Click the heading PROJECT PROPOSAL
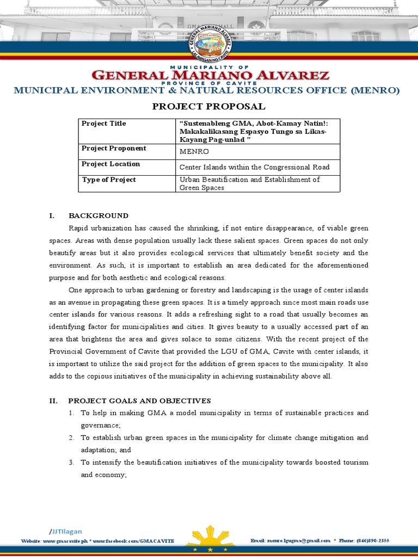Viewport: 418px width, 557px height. tap(209, 106)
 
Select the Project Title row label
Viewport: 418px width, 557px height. tap(103, 123)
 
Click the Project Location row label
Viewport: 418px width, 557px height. tap(110, 164)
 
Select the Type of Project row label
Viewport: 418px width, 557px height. tap(108, 180)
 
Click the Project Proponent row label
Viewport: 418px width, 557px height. tap(114, 148)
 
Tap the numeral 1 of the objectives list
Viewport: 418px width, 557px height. tap(71, 413)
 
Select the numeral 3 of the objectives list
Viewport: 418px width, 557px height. tap(71, 462)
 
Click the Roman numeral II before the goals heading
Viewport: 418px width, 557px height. tap(53, 401)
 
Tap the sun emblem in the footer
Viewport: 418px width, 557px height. tap(210, 538)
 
